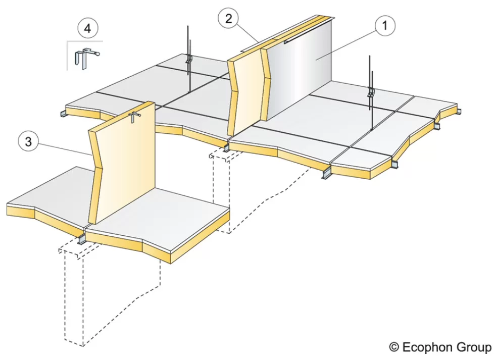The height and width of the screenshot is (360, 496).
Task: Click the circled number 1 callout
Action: click(385, 25)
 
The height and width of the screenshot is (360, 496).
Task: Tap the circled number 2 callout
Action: click(228, 19)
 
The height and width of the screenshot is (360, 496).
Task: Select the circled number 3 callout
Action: click(28, 141)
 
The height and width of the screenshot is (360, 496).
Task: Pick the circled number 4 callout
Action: click(87, 28)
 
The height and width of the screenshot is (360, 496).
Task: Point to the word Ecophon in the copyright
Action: click(425, 347)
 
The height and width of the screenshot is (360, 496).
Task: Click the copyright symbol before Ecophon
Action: click(394, 347)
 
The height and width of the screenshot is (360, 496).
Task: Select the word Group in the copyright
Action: click(472, 347)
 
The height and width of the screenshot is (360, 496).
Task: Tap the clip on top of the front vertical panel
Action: click(134, 117)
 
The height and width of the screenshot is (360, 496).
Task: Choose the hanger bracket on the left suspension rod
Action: click(189, 59)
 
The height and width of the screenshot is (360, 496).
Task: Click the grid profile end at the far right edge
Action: click(458, 112)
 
